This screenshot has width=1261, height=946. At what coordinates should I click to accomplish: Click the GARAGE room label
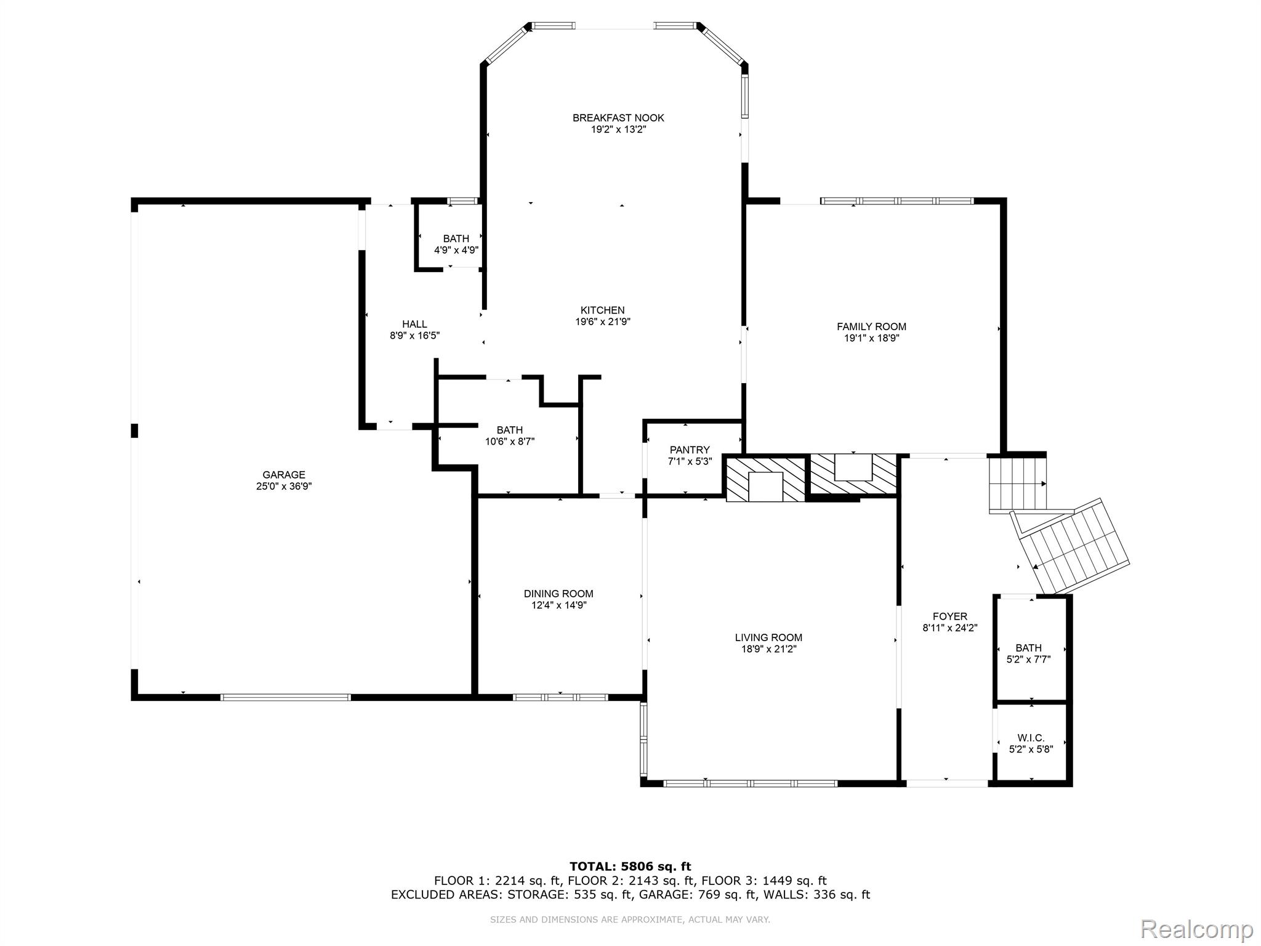(284, 475)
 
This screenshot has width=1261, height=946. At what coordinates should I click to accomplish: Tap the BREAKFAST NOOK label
(618, 118)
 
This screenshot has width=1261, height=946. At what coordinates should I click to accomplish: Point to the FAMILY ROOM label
(871, 327)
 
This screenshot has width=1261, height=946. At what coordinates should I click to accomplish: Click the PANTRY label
(690, 450)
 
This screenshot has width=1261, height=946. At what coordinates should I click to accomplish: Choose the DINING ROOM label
(558, 594)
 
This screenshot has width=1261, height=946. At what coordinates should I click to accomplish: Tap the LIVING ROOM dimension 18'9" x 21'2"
(768, 649)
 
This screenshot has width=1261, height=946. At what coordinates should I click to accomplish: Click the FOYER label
(949, 617)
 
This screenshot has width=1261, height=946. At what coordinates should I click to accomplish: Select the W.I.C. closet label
(1031, 738)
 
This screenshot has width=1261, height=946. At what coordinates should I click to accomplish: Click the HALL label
(414, 324)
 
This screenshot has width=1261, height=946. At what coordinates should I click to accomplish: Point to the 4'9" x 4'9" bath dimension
(456, 250)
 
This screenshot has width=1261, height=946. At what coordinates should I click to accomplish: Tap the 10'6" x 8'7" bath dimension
(510, 442)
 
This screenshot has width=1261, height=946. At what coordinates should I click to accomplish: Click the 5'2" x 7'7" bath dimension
(1028, 659)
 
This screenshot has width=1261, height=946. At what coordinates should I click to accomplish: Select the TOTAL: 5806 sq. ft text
(630, 867)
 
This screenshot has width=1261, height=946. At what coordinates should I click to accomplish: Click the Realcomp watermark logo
(1197, 928)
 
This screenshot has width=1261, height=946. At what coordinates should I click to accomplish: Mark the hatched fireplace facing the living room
(765, 479)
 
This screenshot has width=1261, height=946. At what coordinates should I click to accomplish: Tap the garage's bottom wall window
(285, 697)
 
